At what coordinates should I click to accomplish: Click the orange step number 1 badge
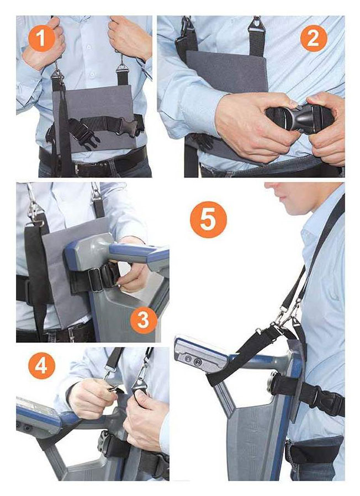coord(42,38)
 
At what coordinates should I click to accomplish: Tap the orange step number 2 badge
coord(313,38)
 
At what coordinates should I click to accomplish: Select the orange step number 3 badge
coord(144,320)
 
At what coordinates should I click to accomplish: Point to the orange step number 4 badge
coord(42,366)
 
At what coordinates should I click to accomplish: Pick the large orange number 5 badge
coord(208,220)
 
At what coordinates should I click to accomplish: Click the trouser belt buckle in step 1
coord(77,169)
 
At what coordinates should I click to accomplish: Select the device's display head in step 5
coord(200,354)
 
